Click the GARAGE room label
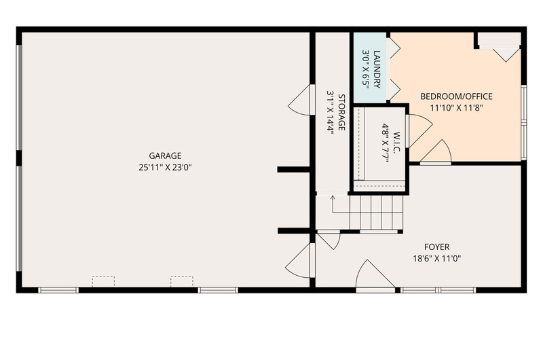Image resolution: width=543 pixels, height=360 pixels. (165, 156)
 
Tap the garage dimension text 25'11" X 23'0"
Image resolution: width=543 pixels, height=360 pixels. (165, 168)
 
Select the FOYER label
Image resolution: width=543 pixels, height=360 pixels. (437, 247)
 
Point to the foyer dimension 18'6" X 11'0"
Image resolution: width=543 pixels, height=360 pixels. (437, 259)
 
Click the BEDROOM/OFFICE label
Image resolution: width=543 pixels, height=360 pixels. (456, 96)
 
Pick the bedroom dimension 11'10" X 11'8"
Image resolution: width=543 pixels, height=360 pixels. (456, 108)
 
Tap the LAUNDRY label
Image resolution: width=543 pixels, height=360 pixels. (377, 69)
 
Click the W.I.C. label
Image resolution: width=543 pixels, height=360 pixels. (397, 141)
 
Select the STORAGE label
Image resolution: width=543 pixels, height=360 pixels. (341, 113)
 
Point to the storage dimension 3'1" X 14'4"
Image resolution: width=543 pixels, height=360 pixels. (330, 113)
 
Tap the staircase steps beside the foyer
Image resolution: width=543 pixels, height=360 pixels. (377, 212)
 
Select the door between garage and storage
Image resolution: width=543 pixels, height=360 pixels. (300, 100)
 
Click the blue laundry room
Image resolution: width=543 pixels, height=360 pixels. (370, 68)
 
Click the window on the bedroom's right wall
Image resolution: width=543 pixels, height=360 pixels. (524, 123)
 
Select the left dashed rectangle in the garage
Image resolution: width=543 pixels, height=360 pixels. (103, 281)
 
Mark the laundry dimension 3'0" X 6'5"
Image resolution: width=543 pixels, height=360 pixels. (366, 69)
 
